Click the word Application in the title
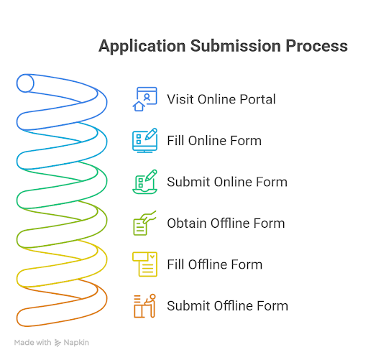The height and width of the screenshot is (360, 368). coord(142,46)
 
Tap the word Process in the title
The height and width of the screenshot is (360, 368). coord(317,46)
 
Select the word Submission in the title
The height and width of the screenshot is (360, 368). coord(236,46)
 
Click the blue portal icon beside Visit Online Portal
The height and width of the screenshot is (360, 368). coord(145,99)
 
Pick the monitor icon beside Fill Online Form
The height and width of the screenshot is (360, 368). coord(145,140)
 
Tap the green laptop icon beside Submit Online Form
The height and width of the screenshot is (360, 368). coord(145,182)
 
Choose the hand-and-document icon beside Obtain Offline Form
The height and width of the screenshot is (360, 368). coord(144,223)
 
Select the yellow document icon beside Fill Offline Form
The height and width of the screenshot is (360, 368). coord(144,264)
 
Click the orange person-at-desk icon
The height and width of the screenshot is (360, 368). coord(144,305)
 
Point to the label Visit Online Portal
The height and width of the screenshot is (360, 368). coord(221,99)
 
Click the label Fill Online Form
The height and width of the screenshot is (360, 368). coord(214,140)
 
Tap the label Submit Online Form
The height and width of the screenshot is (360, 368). coord(227,182)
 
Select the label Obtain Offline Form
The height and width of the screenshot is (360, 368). coord(226,223)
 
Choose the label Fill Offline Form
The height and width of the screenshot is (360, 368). coord(215,264)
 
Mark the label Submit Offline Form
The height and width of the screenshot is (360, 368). coord(228,305)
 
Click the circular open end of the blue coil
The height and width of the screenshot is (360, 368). coord(25,83)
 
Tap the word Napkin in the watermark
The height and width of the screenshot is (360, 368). coord(76,343)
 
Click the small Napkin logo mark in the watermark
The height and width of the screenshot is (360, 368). coord(57,343)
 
